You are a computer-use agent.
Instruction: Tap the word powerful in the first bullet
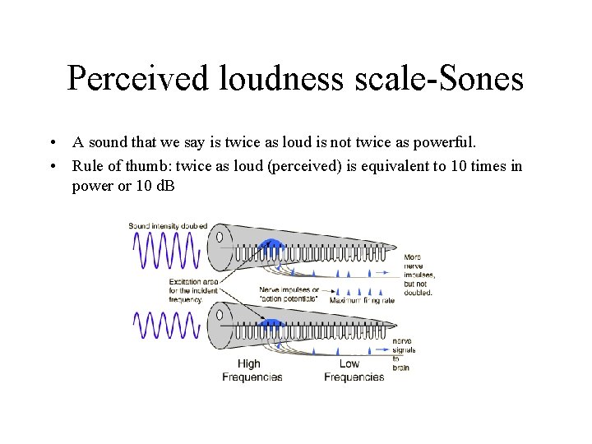tap(451, 142)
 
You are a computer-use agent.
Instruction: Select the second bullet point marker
tap(52, 167)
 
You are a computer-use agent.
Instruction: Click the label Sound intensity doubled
tap(168, 225)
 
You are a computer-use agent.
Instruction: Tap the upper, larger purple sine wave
tap(167, 250)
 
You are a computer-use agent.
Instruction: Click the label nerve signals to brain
tap(403, 354)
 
